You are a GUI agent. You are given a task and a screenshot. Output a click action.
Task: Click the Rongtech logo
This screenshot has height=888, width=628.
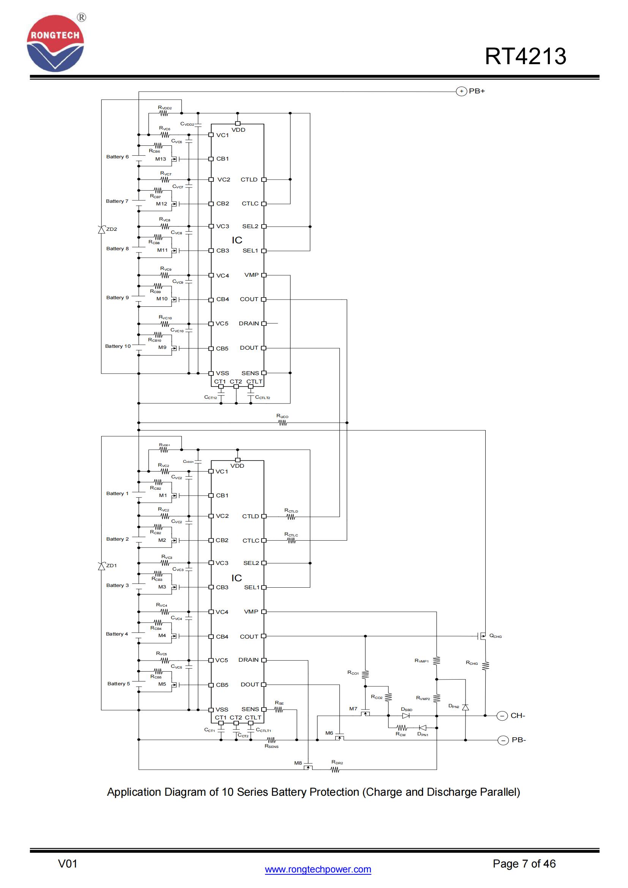55,43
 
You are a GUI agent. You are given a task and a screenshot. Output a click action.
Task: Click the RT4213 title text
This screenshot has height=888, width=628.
525,56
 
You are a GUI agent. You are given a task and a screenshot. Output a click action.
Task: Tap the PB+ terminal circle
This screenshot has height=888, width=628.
461,91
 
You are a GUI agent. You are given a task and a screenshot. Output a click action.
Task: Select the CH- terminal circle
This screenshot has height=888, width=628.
502,716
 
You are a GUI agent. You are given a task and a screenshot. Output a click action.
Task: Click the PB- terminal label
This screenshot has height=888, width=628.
519,740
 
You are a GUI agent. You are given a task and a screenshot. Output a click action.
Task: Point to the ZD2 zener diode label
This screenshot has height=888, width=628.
111,229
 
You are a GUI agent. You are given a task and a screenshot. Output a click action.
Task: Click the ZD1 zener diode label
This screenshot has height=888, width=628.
111,565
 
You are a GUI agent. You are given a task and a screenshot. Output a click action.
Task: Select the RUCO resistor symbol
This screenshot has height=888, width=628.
283,423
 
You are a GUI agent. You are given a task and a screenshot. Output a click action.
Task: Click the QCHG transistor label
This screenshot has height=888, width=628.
495,636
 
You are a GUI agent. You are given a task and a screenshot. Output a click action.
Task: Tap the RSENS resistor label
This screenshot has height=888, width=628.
271,746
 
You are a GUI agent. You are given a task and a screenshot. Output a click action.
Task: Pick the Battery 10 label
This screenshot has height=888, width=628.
118,346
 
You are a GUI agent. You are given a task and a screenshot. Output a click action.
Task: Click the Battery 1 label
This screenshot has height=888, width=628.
117,494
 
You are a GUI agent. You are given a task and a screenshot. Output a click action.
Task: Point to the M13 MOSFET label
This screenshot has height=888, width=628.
161,159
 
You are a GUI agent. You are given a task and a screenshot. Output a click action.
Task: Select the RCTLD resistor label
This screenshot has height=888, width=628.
291,511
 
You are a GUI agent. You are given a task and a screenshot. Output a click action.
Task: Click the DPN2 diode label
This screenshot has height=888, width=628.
454,706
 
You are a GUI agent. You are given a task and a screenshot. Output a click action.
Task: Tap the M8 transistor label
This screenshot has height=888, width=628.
298,763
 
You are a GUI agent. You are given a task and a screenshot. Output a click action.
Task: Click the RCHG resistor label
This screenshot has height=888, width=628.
472,663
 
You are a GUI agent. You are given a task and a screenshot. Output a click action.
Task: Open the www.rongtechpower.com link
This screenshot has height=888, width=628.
318,869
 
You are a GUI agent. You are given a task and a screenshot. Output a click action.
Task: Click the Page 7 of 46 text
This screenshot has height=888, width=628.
524,864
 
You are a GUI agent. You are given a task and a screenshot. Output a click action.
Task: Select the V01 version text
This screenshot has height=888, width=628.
68,864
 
